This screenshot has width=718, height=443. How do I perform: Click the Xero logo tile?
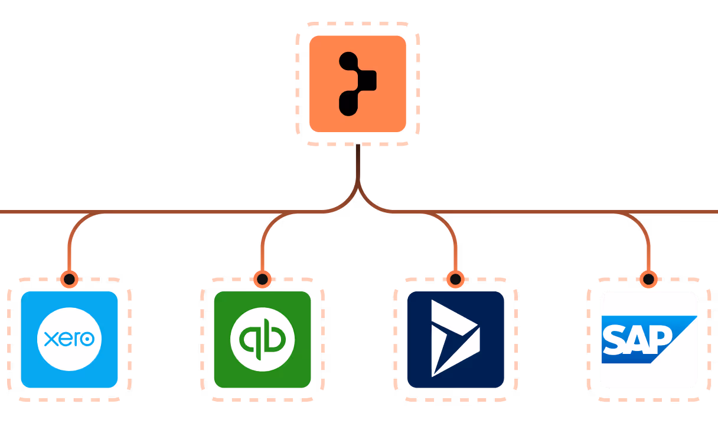coord(69,339)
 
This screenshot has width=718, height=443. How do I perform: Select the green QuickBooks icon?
coord(262,339)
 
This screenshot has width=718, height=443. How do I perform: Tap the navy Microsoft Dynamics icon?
coord(455,339)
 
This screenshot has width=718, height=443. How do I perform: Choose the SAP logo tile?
coord(648,339)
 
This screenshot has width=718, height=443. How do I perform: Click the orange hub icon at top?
coord(358,83)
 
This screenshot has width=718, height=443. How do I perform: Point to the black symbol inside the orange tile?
coord(355,83)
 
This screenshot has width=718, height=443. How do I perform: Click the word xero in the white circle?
coord(69,339)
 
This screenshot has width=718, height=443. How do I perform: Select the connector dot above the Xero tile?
coord(69,279)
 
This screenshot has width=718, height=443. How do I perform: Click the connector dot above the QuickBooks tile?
coord(262,279)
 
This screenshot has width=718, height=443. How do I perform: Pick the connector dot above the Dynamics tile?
coord(455,279)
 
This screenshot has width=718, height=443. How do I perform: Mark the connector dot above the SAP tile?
coord(648,279)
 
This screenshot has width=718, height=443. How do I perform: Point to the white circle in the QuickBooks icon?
coord(262,339)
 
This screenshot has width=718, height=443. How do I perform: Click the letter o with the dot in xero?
coord(87,340)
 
